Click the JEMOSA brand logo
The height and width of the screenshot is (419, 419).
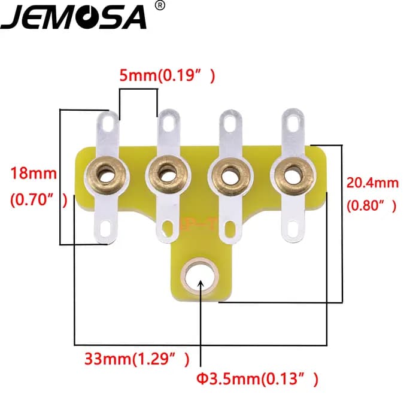[74, 17]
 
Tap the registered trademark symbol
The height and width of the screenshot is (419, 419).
[160, 5]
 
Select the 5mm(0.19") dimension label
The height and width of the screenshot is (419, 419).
[167, 75]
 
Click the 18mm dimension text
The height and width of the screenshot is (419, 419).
[34, 173]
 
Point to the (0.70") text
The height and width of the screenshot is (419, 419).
[39, 199]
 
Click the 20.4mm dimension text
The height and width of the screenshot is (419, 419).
[372, 183]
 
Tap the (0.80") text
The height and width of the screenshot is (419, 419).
[372, 206]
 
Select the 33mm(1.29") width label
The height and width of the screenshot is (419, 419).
[137, 359]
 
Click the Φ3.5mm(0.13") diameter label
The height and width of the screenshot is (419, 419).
[257, 379]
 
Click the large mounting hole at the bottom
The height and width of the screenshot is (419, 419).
[200, 277]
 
